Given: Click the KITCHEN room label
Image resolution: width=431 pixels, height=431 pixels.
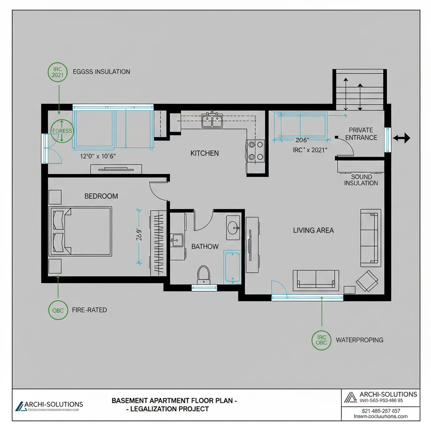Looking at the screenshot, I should [205, 153].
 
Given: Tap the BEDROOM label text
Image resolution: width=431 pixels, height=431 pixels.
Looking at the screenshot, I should [101, 196].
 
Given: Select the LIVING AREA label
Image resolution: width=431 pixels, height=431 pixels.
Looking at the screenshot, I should [313, 230].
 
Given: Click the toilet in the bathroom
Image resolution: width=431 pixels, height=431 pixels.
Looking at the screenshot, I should [204, 274].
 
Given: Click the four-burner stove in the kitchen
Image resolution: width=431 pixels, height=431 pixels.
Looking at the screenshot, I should [255, 151].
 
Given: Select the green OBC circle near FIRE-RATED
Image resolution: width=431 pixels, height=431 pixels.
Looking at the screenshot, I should [58, 311].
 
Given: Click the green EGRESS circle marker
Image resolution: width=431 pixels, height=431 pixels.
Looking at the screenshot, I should [62, 131].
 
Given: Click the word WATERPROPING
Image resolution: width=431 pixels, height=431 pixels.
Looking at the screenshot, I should [359, 340].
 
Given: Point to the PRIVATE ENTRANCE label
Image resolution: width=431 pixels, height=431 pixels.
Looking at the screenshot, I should [363, 134].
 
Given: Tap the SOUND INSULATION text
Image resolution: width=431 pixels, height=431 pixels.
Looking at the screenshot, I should [361, 180].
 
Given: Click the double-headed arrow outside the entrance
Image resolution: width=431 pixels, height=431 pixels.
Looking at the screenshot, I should [402, 138].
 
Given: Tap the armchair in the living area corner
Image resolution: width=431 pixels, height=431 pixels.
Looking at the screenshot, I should [367, 280].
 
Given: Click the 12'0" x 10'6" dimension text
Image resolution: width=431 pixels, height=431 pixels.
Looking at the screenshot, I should [98, 156].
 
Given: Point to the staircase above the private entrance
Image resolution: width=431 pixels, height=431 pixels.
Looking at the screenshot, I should [359, 90].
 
